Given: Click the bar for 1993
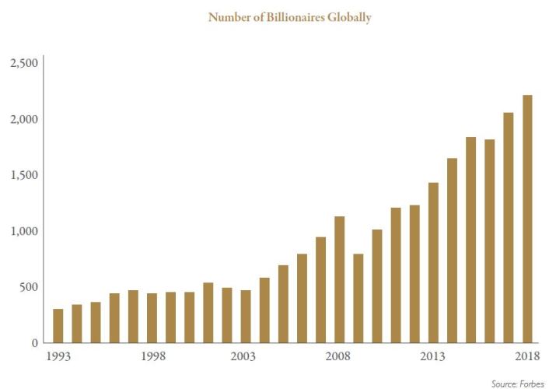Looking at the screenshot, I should point(58,326).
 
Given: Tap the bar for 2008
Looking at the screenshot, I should point(339,279).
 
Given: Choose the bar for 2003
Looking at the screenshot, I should point(246,317).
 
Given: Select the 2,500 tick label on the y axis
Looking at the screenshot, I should point(23,63).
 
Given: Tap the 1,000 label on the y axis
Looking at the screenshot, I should point(23,231).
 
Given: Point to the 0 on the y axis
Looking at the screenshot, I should point(34,343).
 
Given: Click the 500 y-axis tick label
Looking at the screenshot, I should point(27,287).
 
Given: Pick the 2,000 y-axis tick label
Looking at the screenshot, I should point(23,119).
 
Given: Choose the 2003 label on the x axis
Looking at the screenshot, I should point(244,356).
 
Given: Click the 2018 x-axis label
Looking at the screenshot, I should point(526,356).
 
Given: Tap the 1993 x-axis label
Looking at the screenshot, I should point(58,356).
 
